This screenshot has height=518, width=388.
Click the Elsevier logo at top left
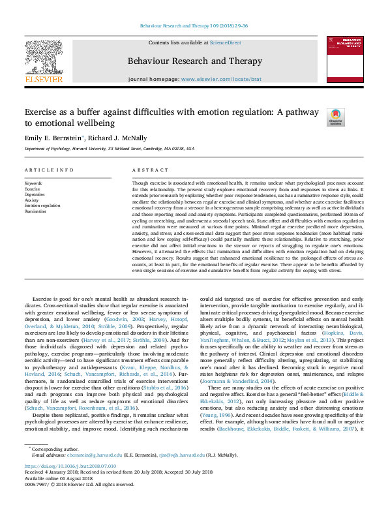tap(44, 63)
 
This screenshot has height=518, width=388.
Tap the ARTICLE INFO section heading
tap(50, 170)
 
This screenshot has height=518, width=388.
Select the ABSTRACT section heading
tap(146, 170)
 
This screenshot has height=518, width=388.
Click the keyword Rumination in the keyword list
tap(35, 211)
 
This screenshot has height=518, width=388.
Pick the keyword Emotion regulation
tap(42, 206)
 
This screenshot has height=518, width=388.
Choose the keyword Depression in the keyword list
tap(35, 194)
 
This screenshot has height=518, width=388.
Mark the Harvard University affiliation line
tap(110, 149)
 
